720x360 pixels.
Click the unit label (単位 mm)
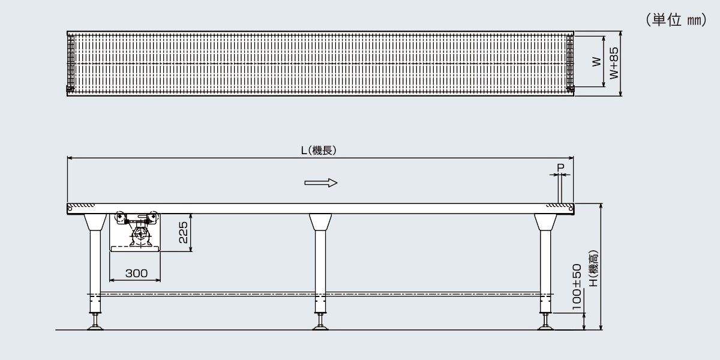click(676, 20)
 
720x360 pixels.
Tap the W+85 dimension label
click(614, 64)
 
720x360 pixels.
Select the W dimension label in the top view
click(596, 62)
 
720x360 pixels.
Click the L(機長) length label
click(319, 150)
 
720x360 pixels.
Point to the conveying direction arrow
click(321, 183)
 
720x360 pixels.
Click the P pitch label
click(560, 167)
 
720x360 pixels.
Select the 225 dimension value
click(183, 232)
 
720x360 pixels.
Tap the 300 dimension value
click(136, 273)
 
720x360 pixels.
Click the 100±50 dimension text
click(577, 287)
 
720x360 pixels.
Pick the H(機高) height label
click(593, 268)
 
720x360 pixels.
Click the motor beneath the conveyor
click(140, 236)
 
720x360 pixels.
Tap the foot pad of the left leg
click(95, 328)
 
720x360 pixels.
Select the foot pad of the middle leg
click(320, 328)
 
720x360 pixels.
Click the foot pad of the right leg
click(545, 328)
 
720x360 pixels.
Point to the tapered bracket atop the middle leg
click(320, 222)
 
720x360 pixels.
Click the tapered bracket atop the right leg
click(545, 222)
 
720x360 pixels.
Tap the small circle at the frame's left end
click(70, 209)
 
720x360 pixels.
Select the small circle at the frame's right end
click(571, 209)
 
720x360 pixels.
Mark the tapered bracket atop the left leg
click(95, 222)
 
